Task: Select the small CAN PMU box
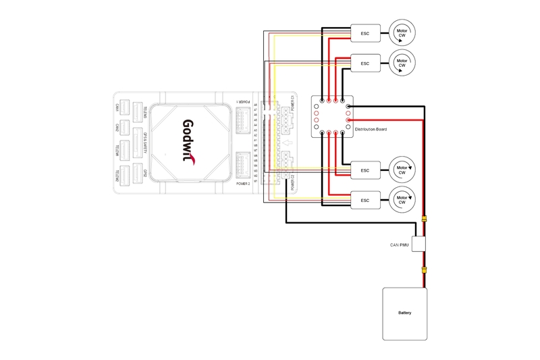(x=422, y=244)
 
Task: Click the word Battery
(x=405, y=313)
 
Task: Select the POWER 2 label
(x=243, y=183)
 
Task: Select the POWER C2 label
(x=293, y=182)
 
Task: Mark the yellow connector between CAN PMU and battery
(x=424, y=268)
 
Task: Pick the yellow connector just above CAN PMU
(x=424, y=219)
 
